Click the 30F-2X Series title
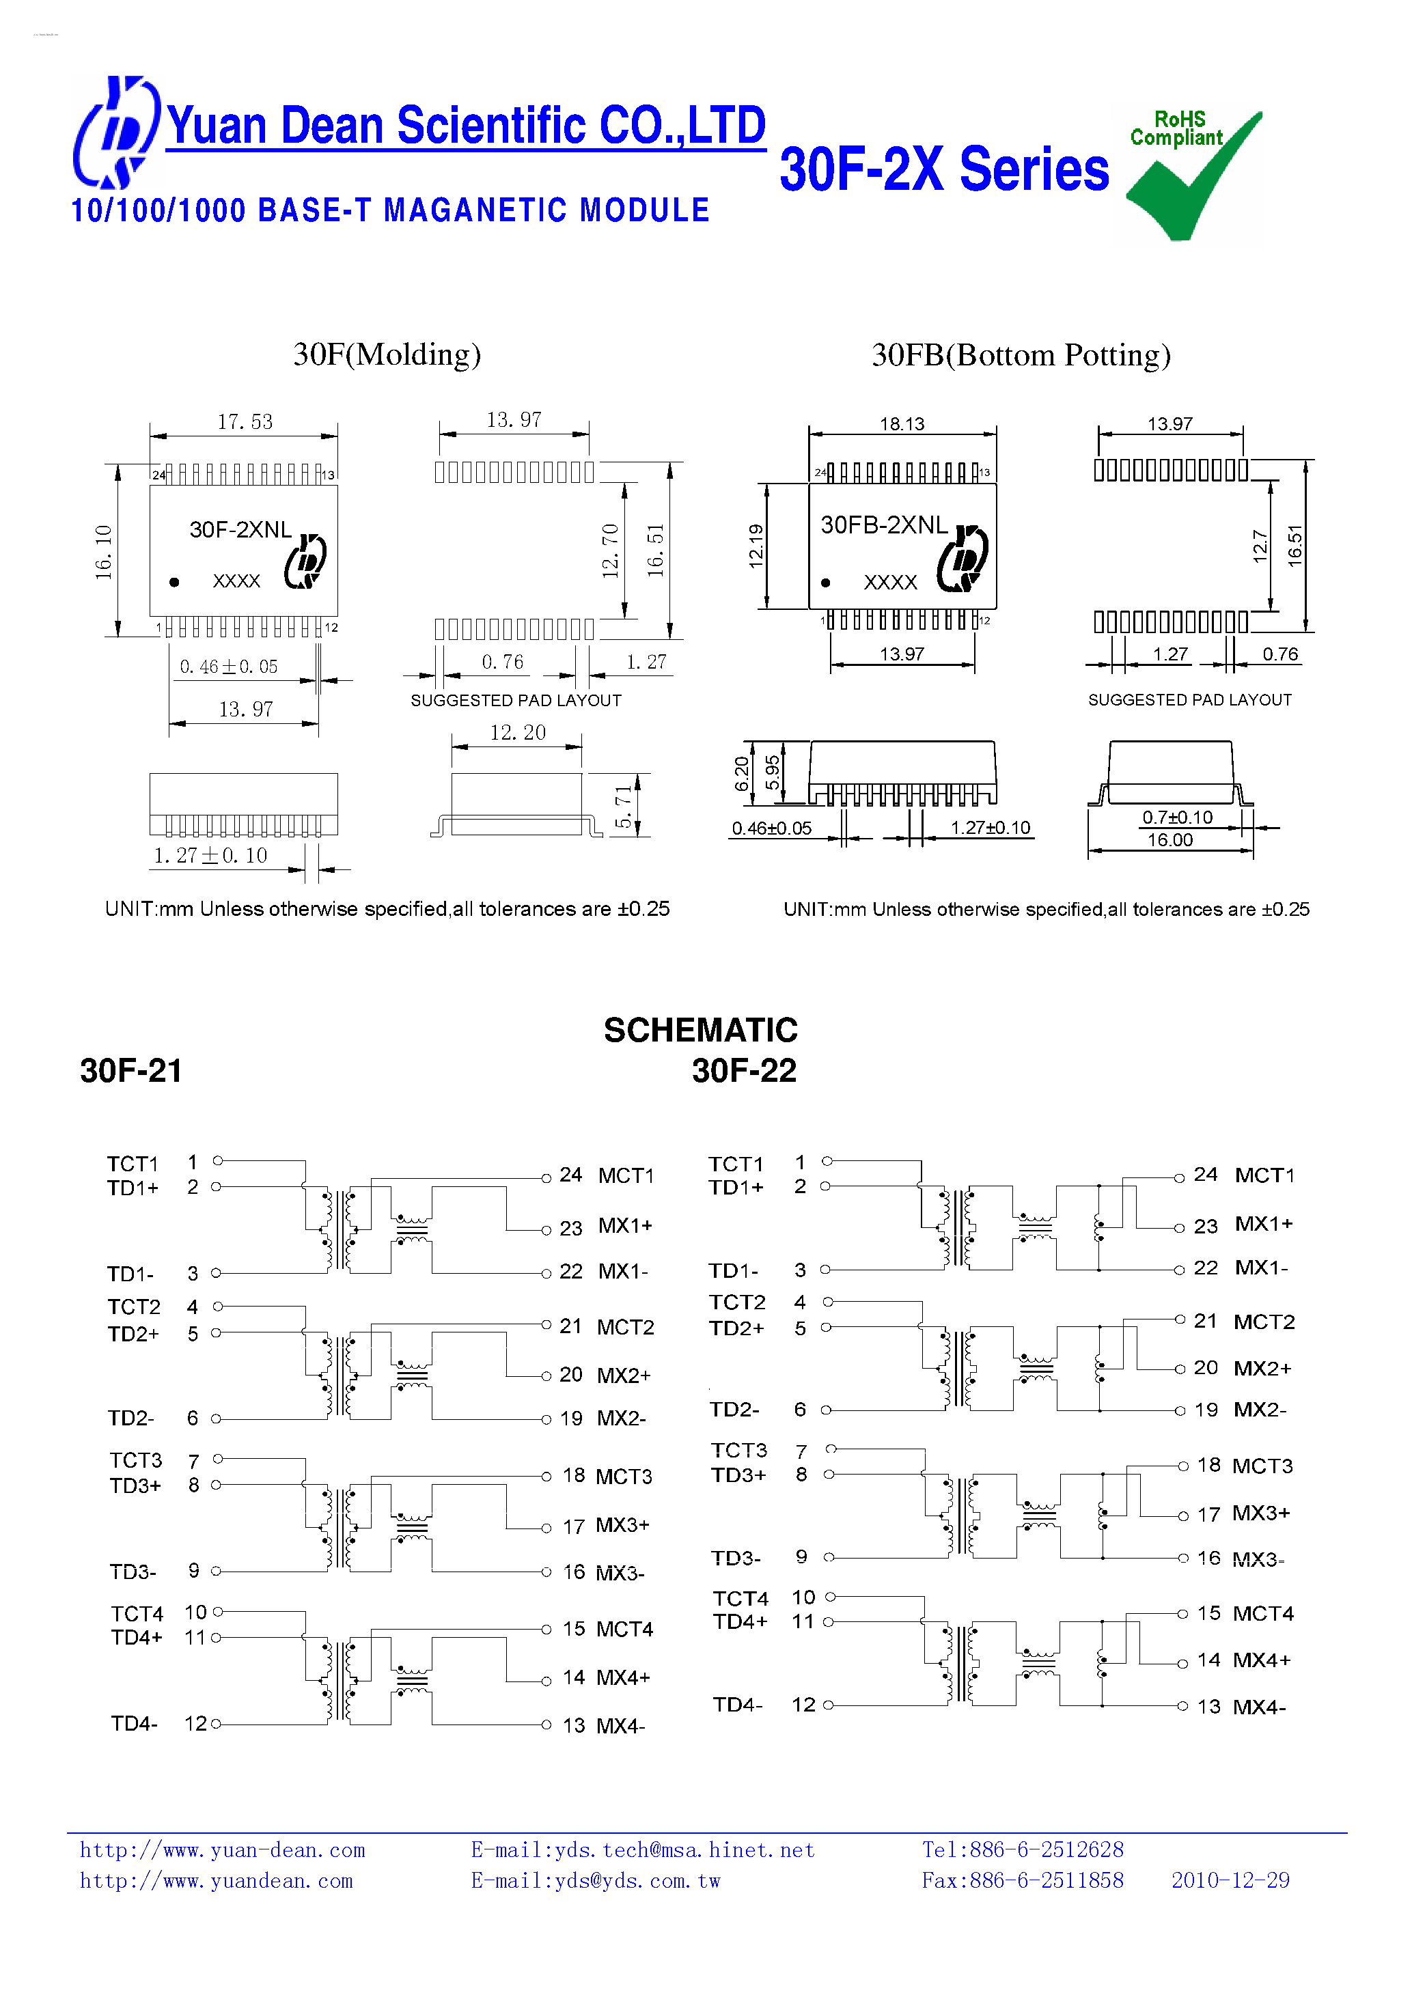tap(943, 169)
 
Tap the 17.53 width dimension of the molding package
tap(245, 422)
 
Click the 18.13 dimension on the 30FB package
tap(901, 423)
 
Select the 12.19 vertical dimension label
tap(755, 546)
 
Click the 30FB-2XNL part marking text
tap(883, 525)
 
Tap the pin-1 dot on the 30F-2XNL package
tap(175, 582)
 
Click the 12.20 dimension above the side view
tap(518, 732)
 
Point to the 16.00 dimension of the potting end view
tap(1169, 839)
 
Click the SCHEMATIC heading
tap(700, 1030)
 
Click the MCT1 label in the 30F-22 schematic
tap(1264, 1175)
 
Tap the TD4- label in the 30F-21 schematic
tap(135, 1723)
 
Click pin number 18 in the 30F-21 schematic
tap(573, 1475)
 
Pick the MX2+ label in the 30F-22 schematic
tap(1262, 1368)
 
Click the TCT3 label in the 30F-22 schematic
tap(738, 1450)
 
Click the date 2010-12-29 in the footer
tap(1230, 1880)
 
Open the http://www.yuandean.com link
tap(216, 1880)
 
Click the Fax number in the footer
tap(1022, 1880)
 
